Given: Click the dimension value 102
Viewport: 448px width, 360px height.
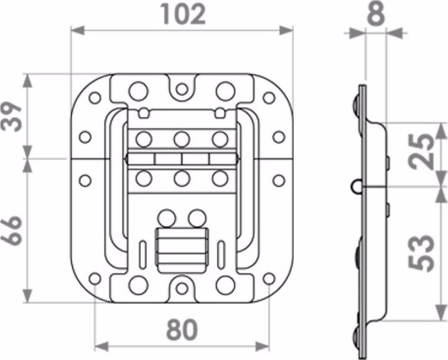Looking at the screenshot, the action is click(x=183, y=14).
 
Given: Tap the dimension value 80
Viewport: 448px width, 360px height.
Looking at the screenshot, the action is click(x=182, y=329).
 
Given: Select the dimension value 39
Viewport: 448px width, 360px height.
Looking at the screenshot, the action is click(x=11, y=116).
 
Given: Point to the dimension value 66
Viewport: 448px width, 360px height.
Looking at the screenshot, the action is click(x=11, y=230).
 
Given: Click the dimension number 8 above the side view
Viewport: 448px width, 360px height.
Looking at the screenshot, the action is click(x=376, y=13).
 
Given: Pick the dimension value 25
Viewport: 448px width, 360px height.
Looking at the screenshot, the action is click(x=421, y=151).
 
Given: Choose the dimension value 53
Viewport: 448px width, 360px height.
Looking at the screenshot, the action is click(x=421, y=253).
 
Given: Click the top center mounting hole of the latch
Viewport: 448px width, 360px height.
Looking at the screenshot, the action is click(x=182, y=89).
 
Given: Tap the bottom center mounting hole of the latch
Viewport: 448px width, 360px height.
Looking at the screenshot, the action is click(x=182, y=288).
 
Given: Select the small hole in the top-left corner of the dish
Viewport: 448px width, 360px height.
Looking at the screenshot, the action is click(x=95, y=98).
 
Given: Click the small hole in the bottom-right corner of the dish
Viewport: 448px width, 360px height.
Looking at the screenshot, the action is click(x=269, y=279).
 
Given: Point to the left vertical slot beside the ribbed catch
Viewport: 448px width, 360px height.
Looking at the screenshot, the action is click(x=143, y=255).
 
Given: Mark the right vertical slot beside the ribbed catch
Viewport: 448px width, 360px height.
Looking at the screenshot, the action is click(x=221, y=255).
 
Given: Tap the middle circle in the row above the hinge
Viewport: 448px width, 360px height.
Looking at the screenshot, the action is click(x=182, y=140).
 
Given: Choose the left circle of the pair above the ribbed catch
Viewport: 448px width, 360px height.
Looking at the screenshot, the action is click(x=167, y=219).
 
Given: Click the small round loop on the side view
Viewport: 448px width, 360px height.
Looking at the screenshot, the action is click(x=356, y=187).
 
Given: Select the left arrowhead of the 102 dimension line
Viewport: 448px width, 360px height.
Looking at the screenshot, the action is click(x=77, y=30).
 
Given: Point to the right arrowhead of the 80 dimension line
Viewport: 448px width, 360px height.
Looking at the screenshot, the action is click(x=262, y=346).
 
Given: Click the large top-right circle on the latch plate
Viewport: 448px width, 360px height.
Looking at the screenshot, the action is click(x=225, y=91).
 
